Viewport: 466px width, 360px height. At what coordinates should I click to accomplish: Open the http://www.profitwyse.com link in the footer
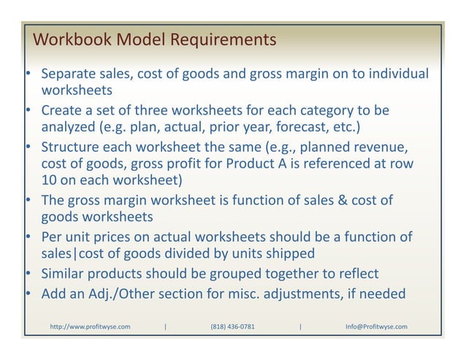pos(90,326)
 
